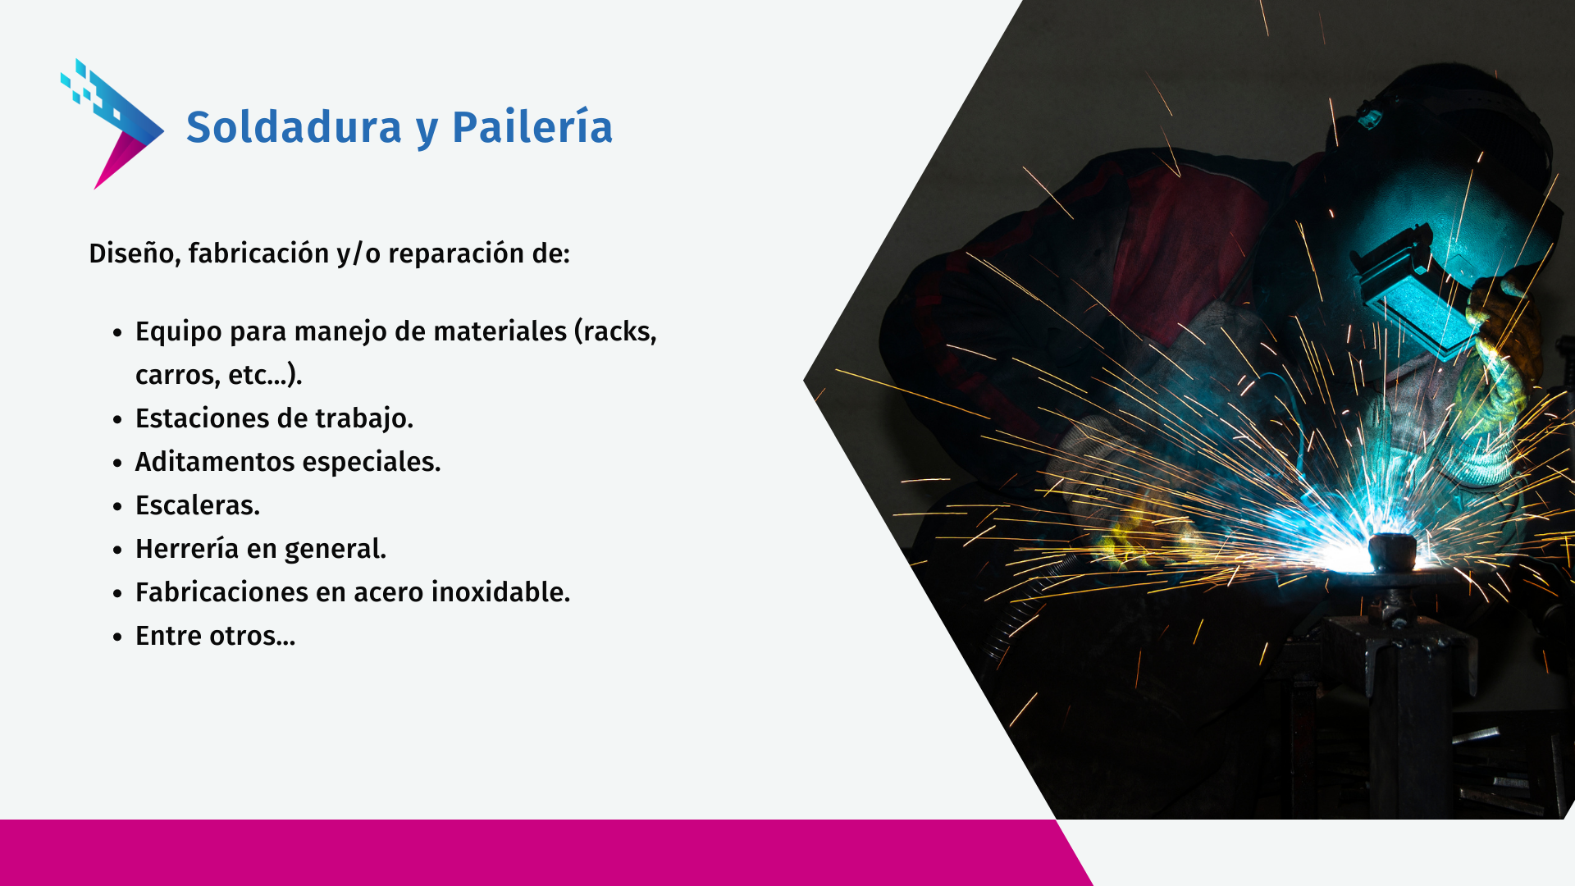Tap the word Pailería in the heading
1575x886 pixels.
point(532,127)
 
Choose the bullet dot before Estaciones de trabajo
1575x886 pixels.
point(118,419)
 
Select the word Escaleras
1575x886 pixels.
point(198,505)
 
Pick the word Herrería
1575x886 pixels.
point(187,549)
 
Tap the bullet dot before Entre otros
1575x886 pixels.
point(118,637)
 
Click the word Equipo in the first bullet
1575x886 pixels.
point(179,332)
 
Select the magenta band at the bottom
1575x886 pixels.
point(541,853)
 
